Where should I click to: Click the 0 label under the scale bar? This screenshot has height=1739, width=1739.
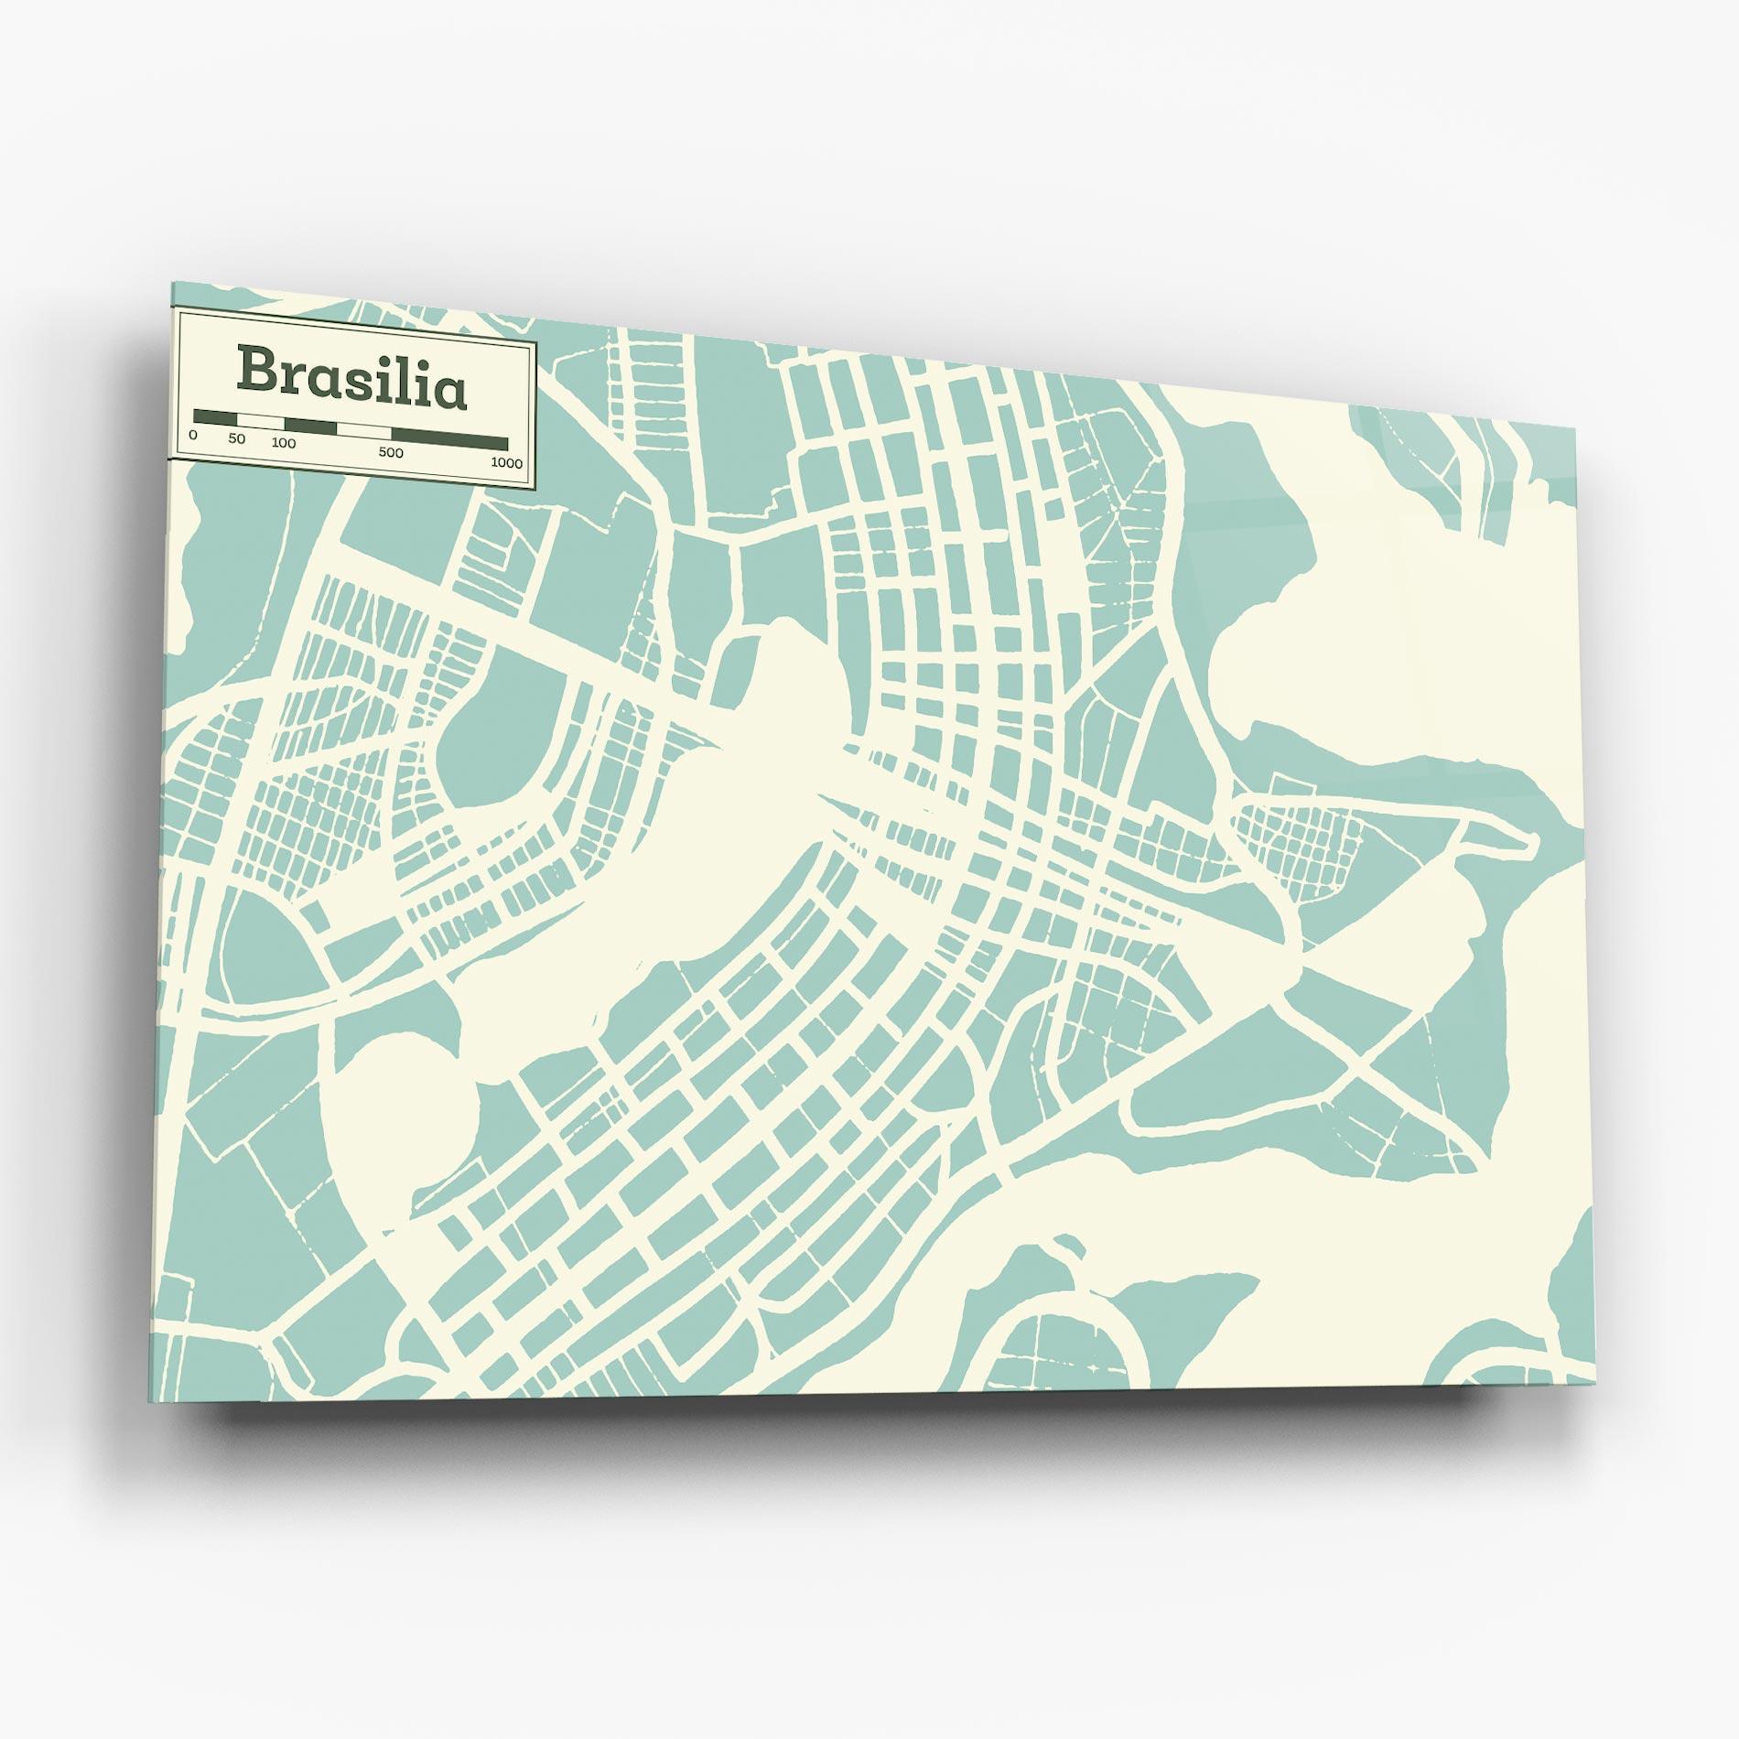pos(192,436)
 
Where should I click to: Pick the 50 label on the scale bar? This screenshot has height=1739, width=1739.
pos(237,439)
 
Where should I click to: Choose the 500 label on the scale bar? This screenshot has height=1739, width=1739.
pos(391,452)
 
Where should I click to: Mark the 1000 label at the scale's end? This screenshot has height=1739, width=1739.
pos(506,463)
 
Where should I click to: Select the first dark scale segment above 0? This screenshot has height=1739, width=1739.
pos(215,416)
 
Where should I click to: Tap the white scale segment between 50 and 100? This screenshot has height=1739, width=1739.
pos(261,421)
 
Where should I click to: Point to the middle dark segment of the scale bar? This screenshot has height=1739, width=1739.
pos(311,426)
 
